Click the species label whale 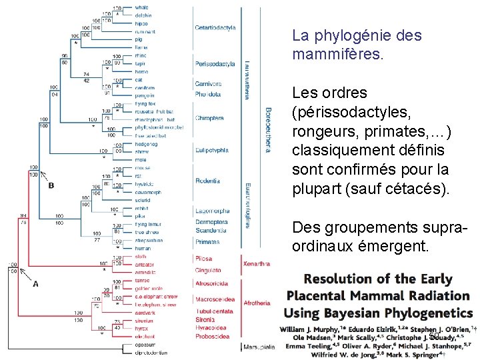142,7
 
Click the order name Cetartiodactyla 215,28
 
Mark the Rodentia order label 207,181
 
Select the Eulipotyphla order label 211,151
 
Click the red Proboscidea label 211,335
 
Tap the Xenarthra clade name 257,264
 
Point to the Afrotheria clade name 257,303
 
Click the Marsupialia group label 259,347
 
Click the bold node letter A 35,283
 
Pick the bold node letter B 51,185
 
